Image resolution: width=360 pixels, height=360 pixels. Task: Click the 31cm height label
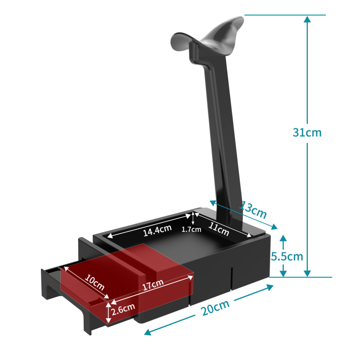point(307,132)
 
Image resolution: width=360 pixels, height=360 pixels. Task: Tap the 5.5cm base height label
point(287,256)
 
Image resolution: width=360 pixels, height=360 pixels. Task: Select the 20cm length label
point(215,308)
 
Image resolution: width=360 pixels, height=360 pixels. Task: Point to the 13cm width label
point(253,210)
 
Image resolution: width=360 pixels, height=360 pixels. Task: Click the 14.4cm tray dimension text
point(157,230)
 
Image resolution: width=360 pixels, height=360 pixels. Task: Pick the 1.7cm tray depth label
point(191,229)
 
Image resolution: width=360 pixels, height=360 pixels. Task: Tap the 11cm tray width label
point(219,229)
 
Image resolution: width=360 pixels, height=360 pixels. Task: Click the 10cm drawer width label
point(94,283)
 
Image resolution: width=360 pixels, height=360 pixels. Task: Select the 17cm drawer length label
point(153,285)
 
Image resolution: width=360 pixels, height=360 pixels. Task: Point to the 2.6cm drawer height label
point(123,309)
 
